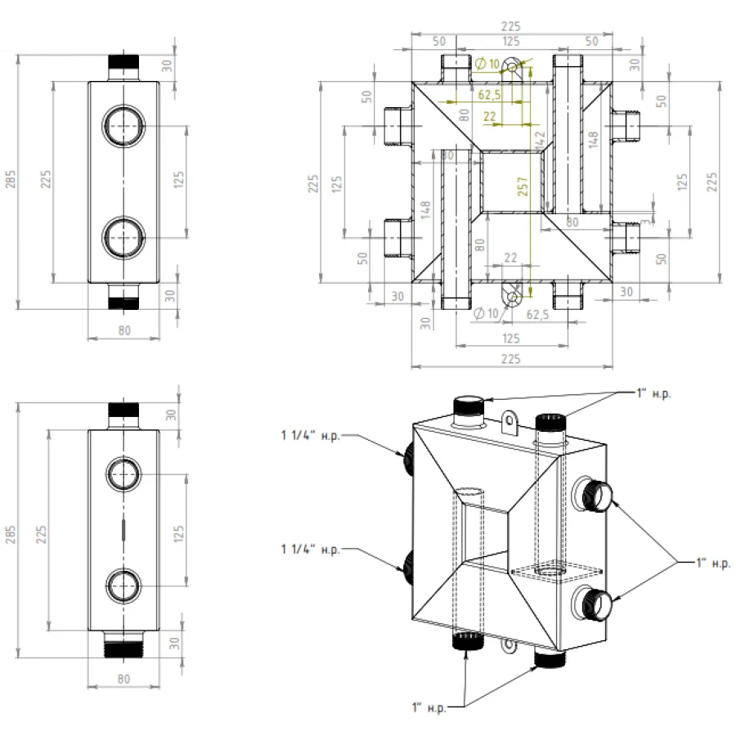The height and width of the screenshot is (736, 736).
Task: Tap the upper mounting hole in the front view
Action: tap(513, 65)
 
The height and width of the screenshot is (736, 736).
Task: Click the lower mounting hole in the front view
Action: tap(513, 296)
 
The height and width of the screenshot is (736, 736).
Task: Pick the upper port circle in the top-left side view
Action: tap(123, 126)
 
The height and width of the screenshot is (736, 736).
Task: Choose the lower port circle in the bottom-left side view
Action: tap(123, 586)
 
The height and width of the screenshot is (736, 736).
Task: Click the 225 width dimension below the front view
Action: tap(509, 357)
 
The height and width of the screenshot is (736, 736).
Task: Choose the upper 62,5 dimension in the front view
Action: tap(489, 95)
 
